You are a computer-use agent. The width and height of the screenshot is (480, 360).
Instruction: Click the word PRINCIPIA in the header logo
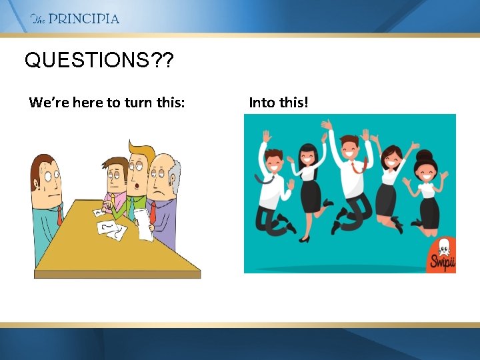[84, 19]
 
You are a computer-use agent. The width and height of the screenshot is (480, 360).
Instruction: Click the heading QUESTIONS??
[99, 61]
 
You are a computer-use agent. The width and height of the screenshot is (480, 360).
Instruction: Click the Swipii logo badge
[441, 255]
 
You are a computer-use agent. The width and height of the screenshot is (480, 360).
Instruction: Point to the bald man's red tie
[153, 213]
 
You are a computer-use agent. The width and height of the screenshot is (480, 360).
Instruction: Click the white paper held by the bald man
[143, 224]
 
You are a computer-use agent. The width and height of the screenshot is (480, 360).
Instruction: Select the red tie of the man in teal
[60, 214]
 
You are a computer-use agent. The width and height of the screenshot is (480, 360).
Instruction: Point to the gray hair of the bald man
[175, 175]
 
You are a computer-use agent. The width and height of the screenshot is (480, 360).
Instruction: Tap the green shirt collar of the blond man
[134, 201]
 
